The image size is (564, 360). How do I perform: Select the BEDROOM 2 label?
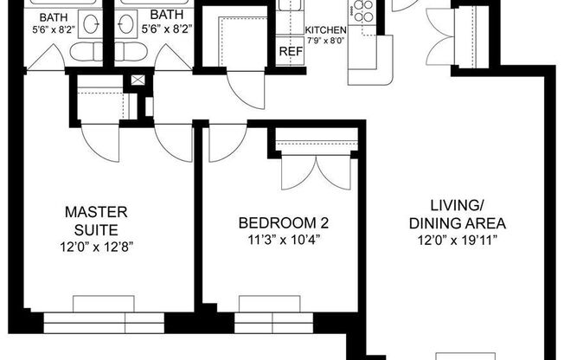(x=283, y=223)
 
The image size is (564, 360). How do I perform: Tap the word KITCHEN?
(x=325, y=31)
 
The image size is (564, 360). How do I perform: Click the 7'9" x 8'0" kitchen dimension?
(x=325, y=41)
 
